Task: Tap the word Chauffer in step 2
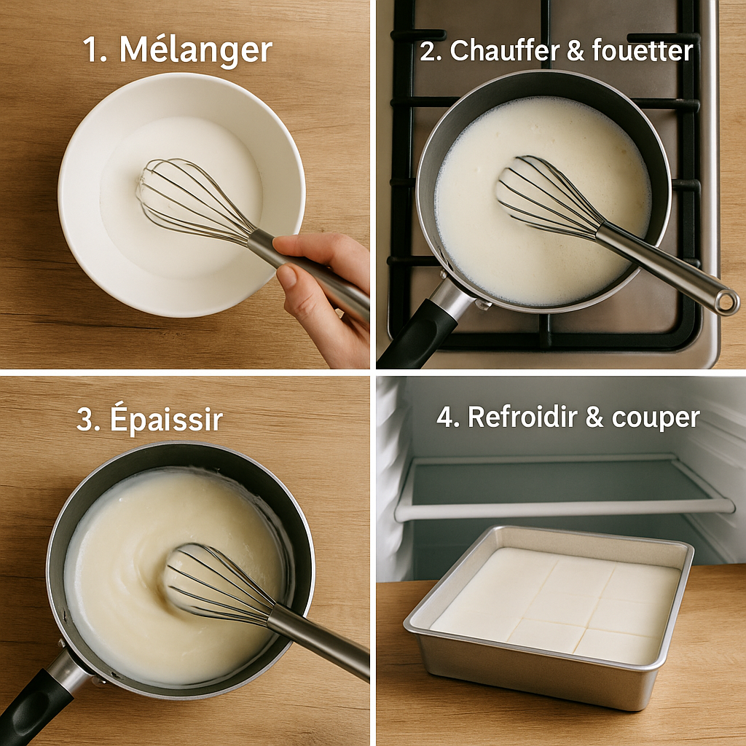pos(498,50)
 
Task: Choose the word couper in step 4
pos(656,419)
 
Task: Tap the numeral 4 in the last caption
pos(446,417)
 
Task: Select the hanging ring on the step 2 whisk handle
pos(726,302)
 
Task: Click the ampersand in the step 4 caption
pos(594,417)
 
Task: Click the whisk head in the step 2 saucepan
pos(547,196)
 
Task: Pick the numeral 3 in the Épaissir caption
pos(84,419)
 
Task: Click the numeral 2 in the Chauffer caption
pos(428,51)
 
